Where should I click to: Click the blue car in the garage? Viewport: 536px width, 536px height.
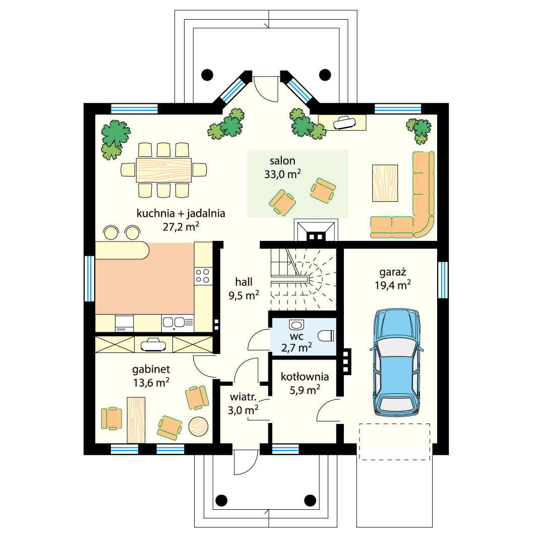click(x=396, y=363)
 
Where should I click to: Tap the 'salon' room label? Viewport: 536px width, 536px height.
click(x=282, y=161)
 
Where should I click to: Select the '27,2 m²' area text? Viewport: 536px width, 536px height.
click(x=181, y=226)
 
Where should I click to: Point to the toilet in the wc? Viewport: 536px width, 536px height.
click(x=325, y=336)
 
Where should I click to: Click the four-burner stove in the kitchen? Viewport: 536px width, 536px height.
click(x=202, y=276)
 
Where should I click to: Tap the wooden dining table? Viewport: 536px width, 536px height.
click(x=164, y=170)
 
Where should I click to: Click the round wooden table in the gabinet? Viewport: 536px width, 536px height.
click(x=198, y=426)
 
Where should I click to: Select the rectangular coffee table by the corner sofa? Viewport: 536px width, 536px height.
click(x=385, y=183)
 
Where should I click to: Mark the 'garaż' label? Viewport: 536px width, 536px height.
click(x=393, y=272)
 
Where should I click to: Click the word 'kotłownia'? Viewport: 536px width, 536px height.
click(x=305, y=377)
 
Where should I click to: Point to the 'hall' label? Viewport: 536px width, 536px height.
click(x=244, y=282)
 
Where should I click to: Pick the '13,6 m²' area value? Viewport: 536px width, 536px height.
click(x=151, y=383)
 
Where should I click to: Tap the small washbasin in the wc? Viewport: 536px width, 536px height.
click(x=296, y=324)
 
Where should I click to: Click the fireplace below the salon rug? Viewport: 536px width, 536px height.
click(x=316, y=231)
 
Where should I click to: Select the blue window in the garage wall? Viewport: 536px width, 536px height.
click(x=443, y=280)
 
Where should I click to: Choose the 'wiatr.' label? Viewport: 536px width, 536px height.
click(x=243, y=397)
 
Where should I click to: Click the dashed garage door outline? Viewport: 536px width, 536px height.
click(x=394, y=442)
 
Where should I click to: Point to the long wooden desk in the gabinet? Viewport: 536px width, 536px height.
click(x=136, y=420)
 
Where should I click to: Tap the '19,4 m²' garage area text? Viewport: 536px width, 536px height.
click(x=393, y=285)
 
